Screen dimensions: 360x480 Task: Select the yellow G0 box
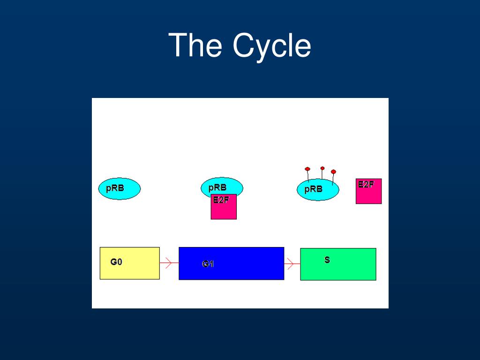pos(130,263)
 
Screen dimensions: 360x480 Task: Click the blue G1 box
pos(231,263)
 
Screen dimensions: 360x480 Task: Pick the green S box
pos(338,264)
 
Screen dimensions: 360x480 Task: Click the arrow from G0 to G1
pos(169,263)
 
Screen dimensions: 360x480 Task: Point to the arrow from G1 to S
pos(292,264)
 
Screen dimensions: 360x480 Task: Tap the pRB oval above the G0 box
pos(120,188)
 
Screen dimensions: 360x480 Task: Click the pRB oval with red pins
pos(317,190)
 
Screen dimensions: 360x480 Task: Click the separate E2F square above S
pos(368,191)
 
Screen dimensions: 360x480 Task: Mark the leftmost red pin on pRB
pos(307,169)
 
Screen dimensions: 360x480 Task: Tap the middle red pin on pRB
pos(322,168)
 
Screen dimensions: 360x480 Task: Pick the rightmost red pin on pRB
pos(333,172)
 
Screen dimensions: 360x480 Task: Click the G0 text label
pos(116,262)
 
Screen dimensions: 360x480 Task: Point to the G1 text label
pos(208,264)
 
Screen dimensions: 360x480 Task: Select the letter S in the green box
pos(327,259)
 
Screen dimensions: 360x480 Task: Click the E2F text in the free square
pos(366,184)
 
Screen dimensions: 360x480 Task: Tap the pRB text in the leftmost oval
pos(115,188)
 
